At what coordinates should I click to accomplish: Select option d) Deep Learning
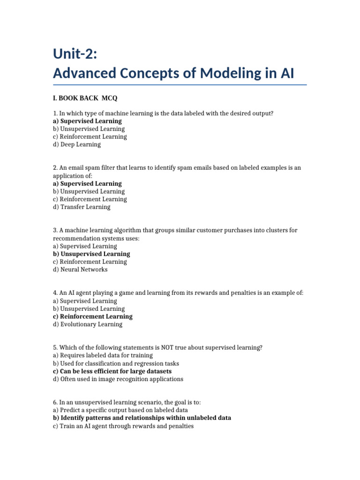[x=77, y=144]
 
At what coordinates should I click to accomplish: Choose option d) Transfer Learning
[x=82, y=207]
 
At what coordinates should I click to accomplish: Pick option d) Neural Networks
[x=80, y=270]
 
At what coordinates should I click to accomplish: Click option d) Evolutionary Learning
[x=88, y=324]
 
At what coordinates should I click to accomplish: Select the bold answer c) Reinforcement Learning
[x=93, y=316]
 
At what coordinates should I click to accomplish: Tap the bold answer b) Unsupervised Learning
[x=91, y=254]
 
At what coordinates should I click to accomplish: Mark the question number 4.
[x=55, y=293]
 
